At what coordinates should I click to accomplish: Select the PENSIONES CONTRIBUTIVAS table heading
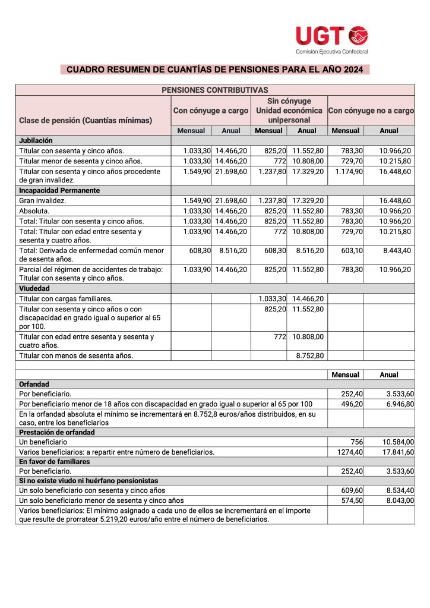[x=214, y=90]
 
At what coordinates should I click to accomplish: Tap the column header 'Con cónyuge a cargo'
[x=210, y=111]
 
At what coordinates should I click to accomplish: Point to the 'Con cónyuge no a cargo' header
[x=371, y=111]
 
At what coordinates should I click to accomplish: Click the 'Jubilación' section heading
[x=36, y=141]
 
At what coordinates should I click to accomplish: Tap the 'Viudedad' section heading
[x=35, y=288]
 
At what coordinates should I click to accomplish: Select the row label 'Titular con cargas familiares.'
[x=66, y=298]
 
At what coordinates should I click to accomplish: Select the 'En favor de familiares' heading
[x=55, y=462]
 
